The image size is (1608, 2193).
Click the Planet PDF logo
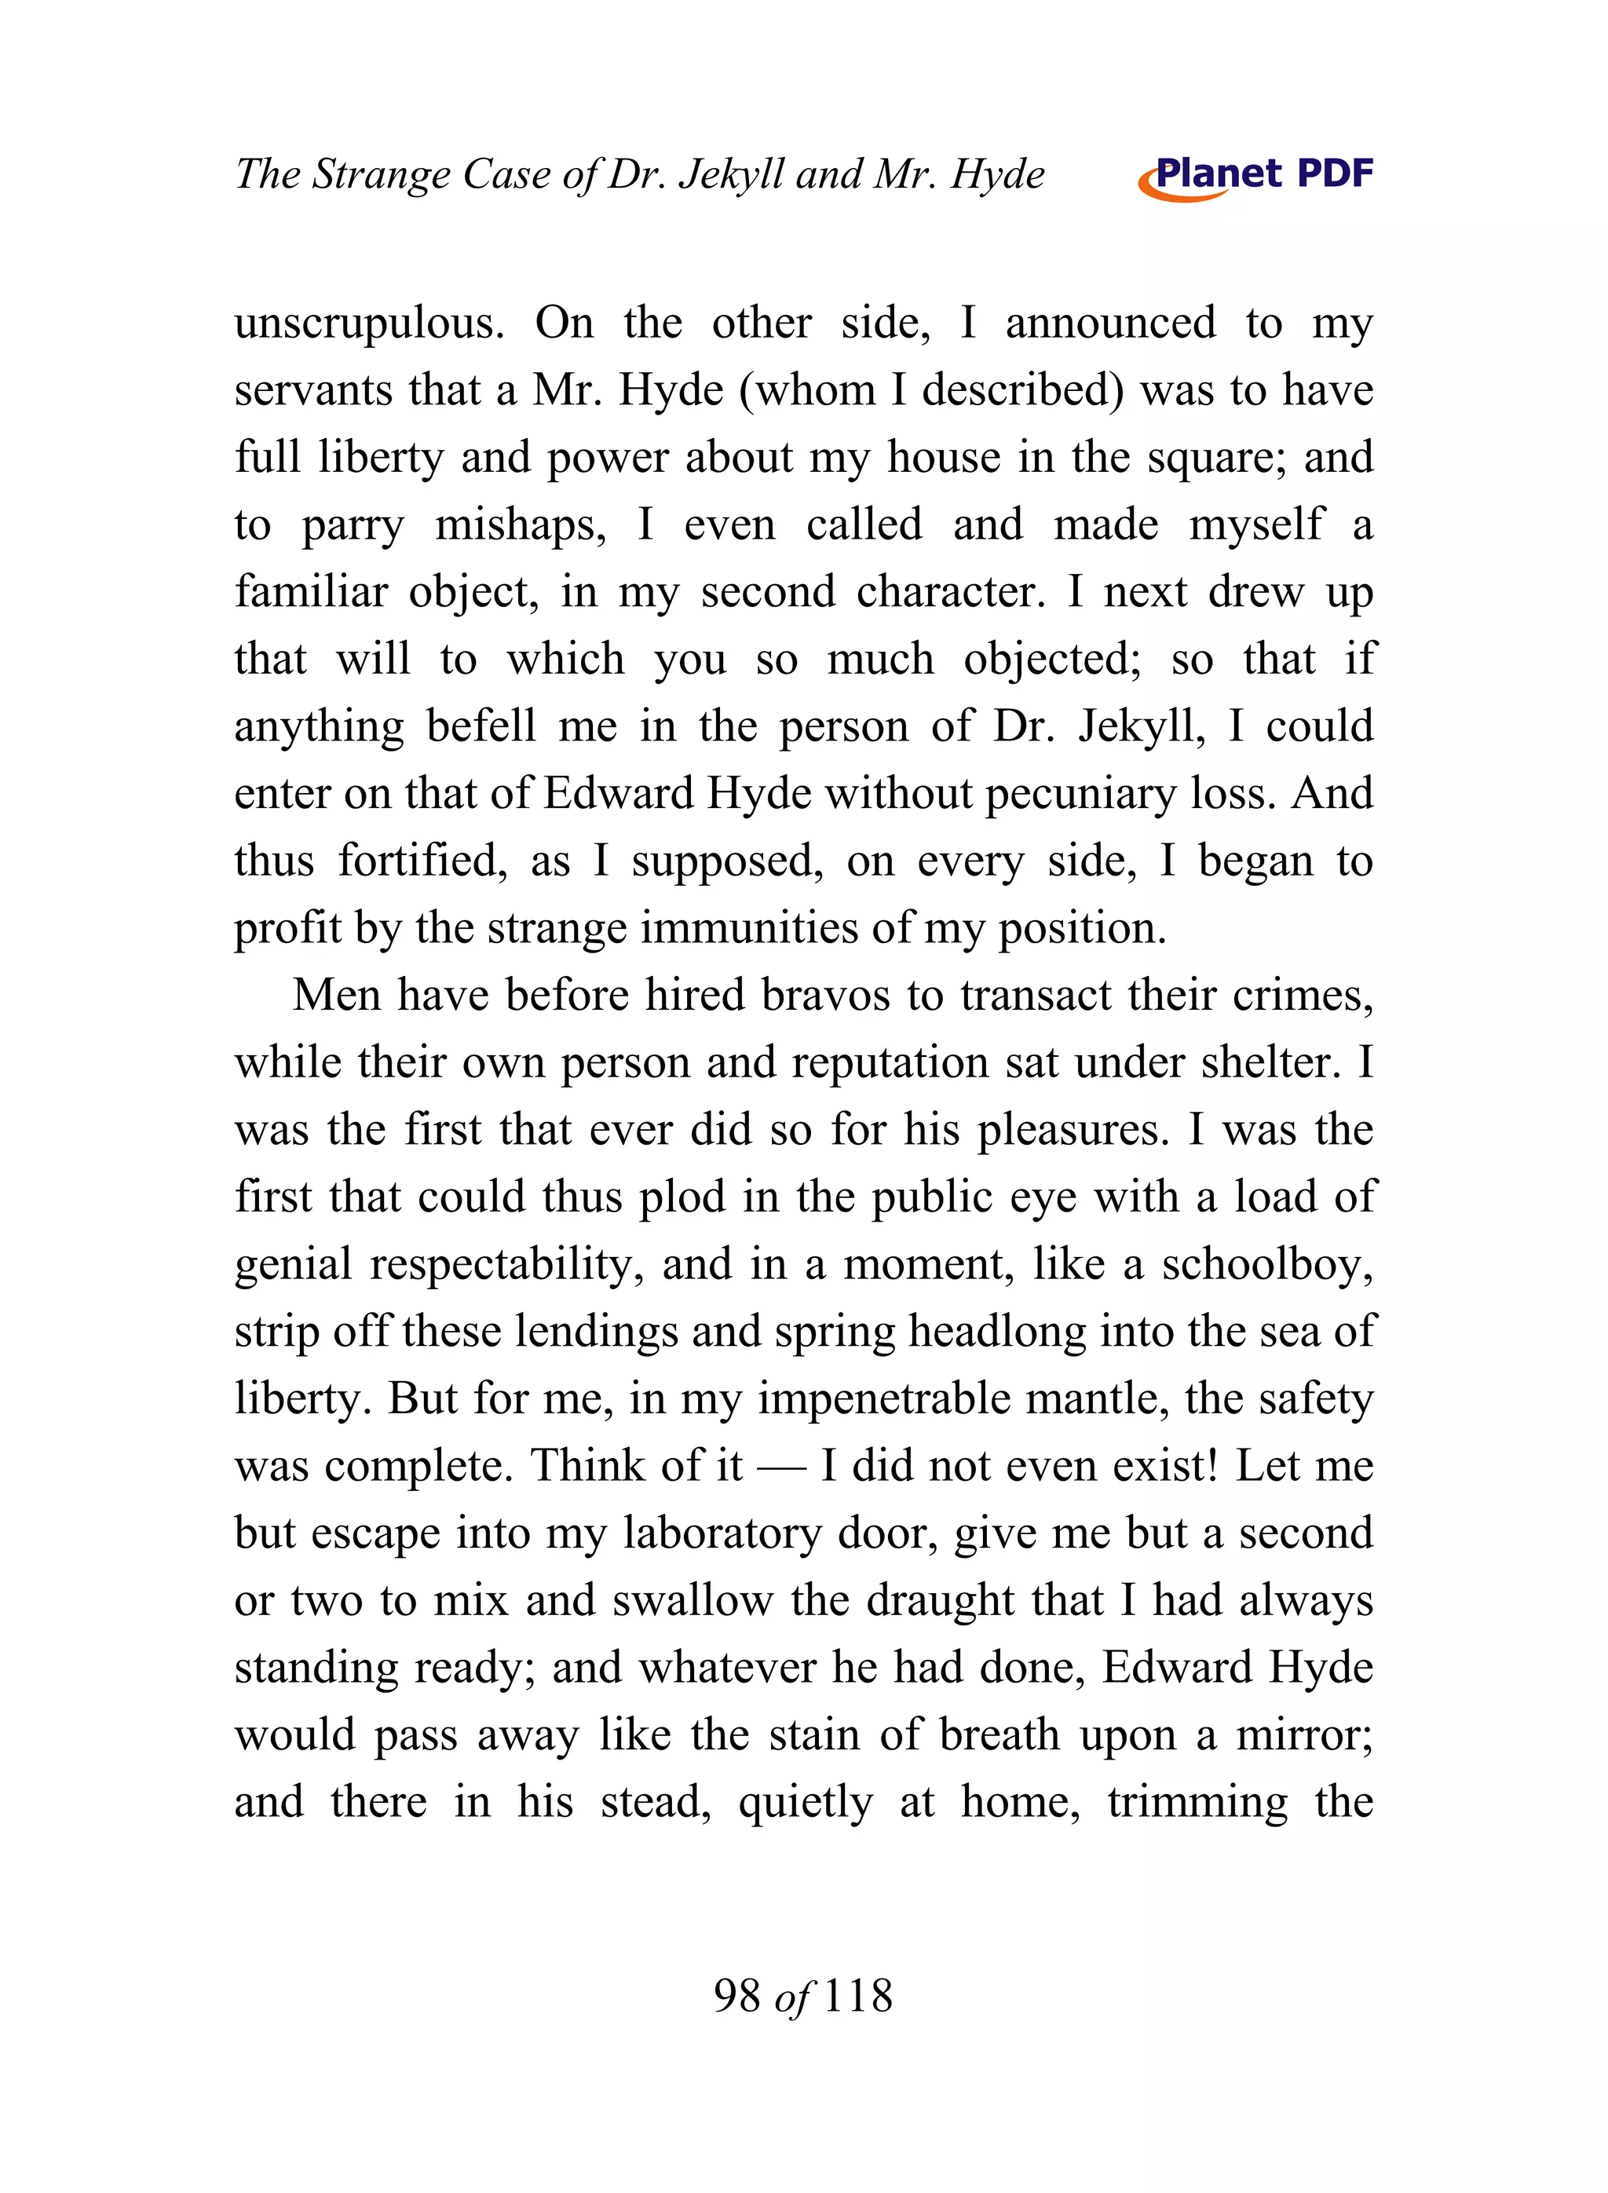click(x=1255, y=176)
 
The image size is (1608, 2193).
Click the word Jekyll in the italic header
click(x=730, y=176)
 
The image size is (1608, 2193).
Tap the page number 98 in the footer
click(x=736, y=1995)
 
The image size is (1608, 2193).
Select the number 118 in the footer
click(x=857, y=1995)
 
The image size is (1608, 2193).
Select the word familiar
click(x=310, y=592)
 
